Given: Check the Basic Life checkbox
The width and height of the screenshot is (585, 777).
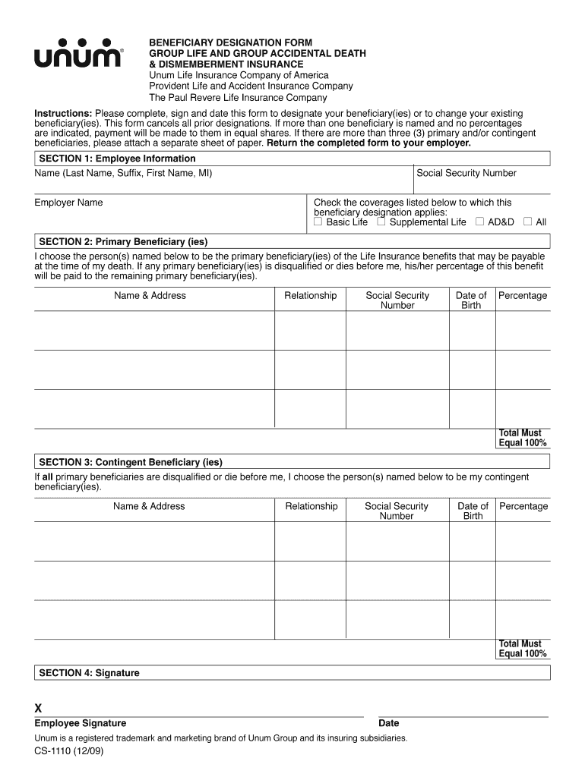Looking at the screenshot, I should (318, 222).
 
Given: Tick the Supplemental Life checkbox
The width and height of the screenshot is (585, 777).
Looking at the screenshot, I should (381, 222).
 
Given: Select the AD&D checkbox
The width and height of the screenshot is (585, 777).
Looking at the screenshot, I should (479, 222).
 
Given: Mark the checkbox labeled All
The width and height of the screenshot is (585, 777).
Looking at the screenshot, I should (527, 222).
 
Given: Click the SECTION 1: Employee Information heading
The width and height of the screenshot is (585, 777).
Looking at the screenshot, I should (117, 159).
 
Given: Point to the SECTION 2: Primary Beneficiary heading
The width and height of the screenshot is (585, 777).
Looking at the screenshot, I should (123, 242).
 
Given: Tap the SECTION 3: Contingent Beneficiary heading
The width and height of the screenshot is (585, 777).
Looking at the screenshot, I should (131, 462).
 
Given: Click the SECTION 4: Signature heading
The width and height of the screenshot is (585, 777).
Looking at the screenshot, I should (89, 673).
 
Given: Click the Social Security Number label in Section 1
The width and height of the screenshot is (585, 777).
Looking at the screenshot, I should (466, 173).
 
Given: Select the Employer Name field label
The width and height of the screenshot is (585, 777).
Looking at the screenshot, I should (68, 203).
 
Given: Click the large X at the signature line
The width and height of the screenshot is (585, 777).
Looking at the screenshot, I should (39, 709).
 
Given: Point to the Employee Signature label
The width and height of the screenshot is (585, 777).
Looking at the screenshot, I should (81, 723).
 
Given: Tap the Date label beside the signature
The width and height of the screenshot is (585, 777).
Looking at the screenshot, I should (388, 723).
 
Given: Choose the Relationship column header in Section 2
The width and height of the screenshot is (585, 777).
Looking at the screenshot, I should (310, 295).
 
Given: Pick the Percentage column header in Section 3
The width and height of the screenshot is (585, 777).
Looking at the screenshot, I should (523, 506).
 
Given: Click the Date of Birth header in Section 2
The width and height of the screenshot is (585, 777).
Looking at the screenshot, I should (471, 300).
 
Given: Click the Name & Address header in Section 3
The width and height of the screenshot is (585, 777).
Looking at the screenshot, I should (149, 506).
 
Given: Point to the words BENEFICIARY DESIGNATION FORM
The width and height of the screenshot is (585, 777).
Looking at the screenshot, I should (230, 42).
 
